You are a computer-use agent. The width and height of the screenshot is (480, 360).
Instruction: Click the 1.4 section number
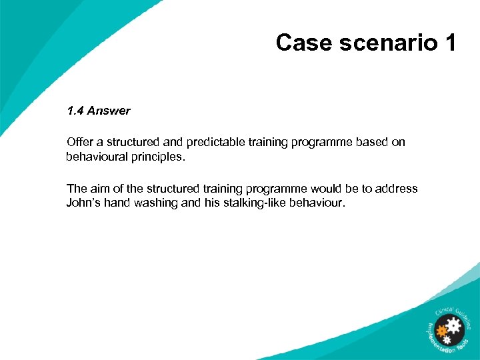coord(75,111)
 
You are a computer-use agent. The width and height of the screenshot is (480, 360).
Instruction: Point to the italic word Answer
coord(109,111)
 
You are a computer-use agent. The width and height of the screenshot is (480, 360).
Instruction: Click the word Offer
coord(80,142)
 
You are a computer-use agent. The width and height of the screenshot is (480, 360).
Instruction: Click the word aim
coord(97,189)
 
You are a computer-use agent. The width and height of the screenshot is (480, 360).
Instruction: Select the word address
coord(396,189)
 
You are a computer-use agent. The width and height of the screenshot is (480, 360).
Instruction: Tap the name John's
coord(84,203)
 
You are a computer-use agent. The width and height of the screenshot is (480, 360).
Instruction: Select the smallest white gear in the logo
coord(447,340)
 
